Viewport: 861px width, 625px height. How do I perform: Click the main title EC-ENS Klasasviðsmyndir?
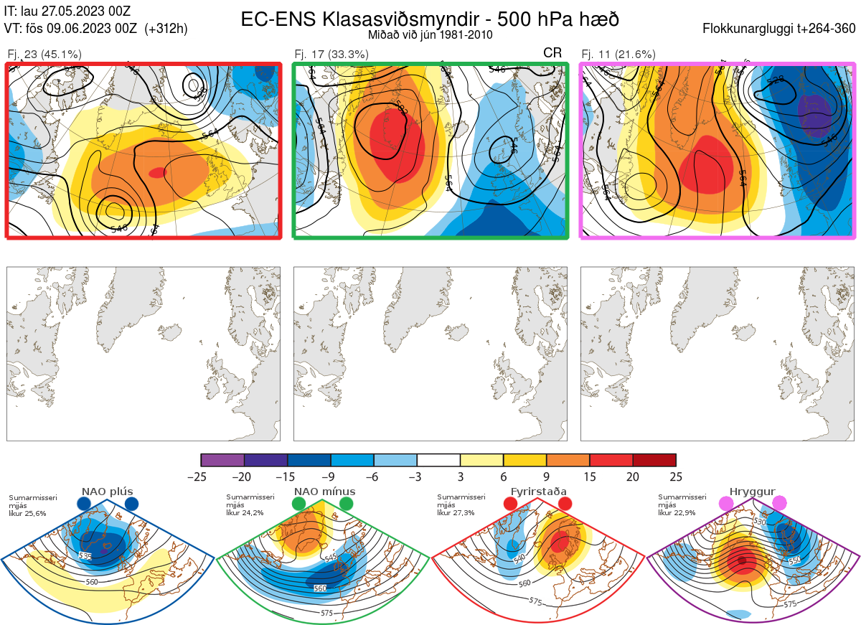430,19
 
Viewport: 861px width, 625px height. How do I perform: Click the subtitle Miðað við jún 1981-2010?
430,34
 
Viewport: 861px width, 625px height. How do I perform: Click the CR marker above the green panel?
552,52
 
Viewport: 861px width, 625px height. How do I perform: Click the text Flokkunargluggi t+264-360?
781,29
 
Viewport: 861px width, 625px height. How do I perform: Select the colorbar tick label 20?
633,476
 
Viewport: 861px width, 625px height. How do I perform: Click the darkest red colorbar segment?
654,460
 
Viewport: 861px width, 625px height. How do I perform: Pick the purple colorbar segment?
222,460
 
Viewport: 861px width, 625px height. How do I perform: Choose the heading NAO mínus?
324,492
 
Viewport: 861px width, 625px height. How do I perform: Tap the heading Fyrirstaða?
537,492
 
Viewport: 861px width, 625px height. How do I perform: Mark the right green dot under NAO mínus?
347,504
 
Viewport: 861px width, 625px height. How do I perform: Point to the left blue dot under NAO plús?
84,504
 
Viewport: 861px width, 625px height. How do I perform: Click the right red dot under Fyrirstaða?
564,504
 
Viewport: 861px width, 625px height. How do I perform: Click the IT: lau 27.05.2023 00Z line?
67,11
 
